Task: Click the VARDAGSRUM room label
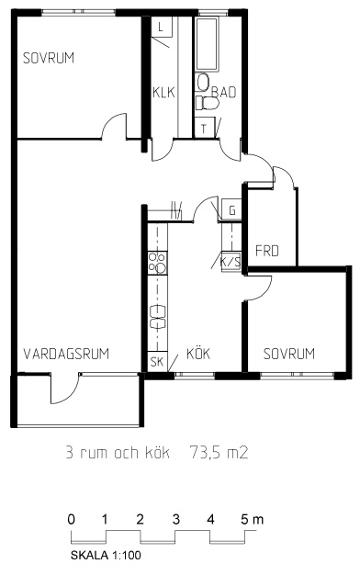pos(66,354)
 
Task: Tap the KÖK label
pos(198,353)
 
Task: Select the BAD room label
pos(224,92)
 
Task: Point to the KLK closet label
pos(163,92)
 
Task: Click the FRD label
pos(267,251)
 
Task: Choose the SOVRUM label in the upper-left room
pos(49,58)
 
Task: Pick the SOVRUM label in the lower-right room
pos(289,354)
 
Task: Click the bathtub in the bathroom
pos(206,44)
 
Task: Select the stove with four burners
pos(157,263)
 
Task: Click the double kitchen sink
pos(158,317)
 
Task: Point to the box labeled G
pos(231,210)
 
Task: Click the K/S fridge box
pos(231,262)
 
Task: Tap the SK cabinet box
pos(157,362)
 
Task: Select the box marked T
pos(204,129)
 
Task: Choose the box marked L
pos(162,27)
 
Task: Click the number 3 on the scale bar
pos(176,519)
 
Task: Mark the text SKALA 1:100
pos(106,555)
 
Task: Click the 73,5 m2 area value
pos(219,453)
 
